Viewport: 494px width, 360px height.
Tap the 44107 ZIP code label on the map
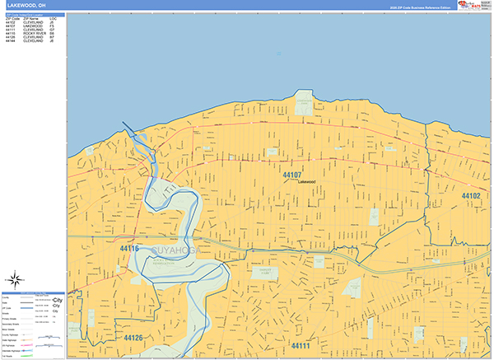(292, 175)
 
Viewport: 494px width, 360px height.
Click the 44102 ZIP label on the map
(470, 196)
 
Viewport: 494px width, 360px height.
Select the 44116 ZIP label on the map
(128, 248)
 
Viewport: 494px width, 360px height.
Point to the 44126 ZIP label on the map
(133, 338)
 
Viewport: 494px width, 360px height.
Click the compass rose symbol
(14, 277)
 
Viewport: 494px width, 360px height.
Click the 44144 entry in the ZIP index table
(11, 41)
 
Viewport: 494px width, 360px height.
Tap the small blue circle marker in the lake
(279, 54)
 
